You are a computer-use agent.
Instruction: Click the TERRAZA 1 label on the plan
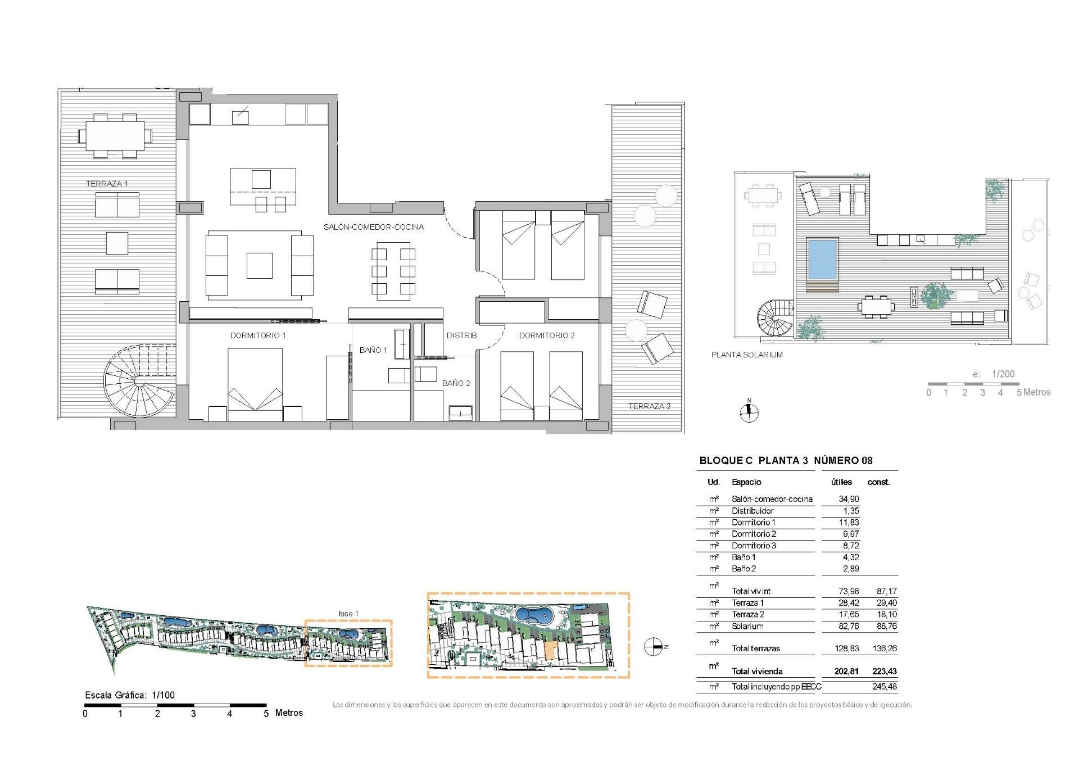click(107, 184)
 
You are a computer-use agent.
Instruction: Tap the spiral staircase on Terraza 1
click(139, 381)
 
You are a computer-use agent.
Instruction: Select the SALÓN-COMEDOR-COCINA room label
click(374, 227)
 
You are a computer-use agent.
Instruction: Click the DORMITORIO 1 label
click(258, 335)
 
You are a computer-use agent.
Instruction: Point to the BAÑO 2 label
click(456, 383)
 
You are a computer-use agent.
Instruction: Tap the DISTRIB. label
click(463, 335)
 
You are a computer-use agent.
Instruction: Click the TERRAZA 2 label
click(649, 406)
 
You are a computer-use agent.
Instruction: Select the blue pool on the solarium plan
click(822, 259)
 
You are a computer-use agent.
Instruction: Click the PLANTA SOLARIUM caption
click(747, 355)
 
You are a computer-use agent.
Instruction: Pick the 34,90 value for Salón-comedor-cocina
click(849, 499)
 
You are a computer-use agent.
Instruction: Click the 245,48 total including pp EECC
click(884, 687)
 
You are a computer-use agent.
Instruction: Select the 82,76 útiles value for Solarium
click(849, 626)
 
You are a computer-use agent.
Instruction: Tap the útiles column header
click(841, 482)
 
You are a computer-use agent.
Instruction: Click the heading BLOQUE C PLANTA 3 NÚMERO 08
click(786, 461)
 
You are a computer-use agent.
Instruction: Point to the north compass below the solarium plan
click(749, 413)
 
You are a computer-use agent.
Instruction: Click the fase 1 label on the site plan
click(348, 614)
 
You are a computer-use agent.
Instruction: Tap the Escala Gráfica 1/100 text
click(130, 695)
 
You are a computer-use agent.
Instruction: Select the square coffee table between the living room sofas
click(259, 266)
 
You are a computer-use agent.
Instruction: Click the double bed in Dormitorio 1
click(255, 383)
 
